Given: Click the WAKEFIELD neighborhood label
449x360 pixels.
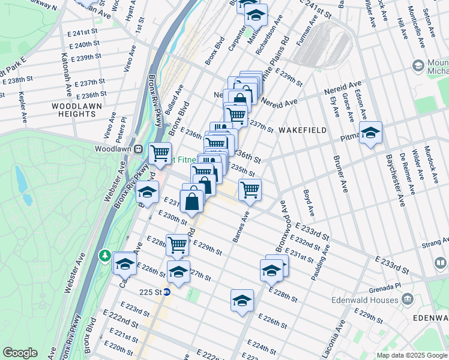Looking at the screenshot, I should click(303, 130).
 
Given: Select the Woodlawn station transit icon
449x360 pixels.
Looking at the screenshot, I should click(137, 149).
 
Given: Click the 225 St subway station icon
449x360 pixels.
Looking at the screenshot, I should click(167, 292).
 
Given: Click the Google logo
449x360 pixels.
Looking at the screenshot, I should click(20, 353).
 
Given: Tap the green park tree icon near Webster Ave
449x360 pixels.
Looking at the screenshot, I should click(106, 256).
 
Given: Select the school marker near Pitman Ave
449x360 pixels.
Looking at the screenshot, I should click(370, 133).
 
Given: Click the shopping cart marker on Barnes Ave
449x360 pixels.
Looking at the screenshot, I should click(250, 190).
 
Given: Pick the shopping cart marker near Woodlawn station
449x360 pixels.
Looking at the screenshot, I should click(160, 154).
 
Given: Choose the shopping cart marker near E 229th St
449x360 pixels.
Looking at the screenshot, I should click(178, 244).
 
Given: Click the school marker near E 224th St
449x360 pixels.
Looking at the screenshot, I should click(242, 301).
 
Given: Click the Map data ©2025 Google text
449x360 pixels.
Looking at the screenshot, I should click(412, 355).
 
